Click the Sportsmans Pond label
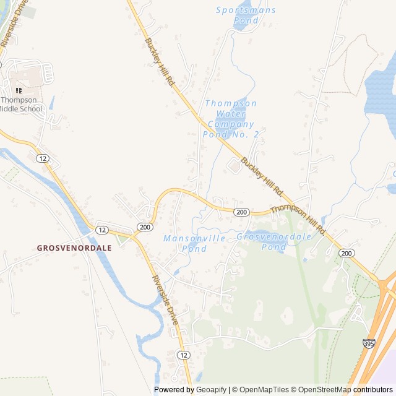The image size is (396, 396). coord(246,15)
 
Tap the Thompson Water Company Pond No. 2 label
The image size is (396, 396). coord(230,119)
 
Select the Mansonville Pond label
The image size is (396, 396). coord(185,243)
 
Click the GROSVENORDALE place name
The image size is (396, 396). coord(74,247)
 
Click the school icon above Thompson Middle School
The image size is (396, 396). coord(18,90)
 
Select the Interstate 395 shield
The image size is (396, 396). coord(369,342)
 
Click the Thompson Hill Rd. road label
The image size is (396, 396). coord(298,218)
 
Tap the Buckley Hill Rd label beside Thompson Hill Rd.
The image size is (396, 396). coord(262,175)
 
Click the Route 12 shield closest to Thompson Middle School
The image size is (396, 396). coord(42,158)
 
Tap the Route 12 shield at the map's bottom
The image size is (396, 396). coord(184,355)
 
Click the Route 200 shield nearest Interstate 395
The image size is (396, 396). coord(346,253)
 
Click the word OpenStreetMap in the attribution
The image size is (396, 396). coord(322,390)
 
